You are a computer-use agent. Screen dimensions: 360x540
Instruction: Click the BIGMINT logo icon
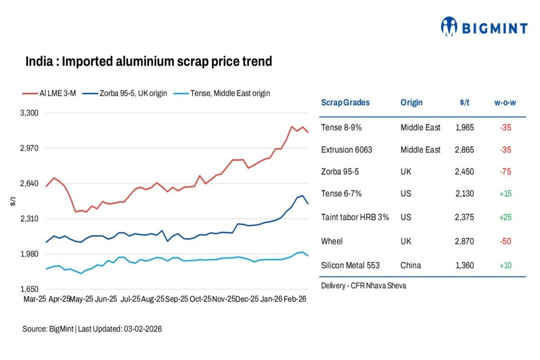point(449,27)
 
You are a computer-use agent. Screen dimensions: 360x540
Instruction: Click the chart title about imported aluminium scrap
point(148,61)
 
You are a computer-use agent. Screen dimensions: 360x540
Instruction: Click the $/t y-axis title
point(13,202)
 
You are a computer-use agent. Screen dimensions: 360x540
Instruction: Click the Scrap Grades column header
point(345,102)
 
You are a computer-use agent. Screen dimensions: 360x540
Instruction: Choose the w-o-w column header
point(505,102)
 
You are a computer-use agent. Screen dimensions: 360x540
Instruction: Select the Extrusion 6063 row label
point(346,150)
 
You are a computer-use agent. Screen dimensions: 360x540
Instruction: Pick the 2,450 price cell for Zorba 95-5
point(464,172)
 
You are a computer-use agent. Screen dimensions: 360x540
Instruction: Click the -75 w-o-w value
point(505,172)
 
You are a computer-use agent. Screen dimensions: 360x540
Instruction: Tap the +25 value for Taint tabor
point(505,217)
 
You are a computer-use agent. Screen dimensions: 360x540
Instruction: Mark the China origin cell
point(410,265)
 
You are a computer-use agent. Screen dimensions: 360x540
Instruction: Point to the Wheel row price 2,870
point(464,241)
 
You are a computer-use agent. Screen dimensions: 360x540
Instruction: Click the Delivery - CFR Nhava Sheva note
point(363,286)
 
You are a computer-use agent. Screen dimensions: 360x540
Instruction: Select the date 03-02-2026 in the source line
point(142,329)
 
